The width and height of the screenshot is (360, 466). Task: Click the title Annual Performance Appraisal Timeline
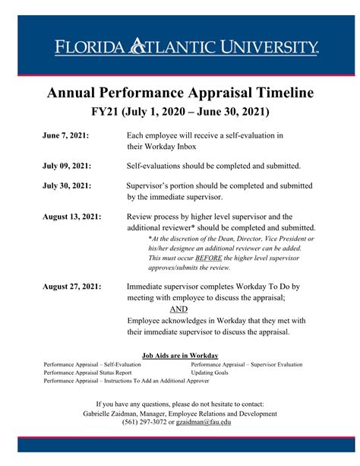(180, 93)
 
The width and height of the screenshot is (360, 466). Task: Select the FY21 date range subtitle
(180, 111)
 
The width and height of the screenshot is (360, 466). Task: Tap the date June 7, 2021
(65, 135)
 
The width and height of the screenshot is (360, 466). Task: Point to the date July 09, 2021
(67, 165)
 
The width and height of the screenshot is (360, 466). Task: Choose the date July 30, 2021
(67, 185)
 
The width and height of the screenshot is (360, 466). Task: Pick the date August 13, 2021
(71, 217)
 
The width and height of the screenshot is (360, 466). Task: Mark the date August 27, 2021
(71, 287)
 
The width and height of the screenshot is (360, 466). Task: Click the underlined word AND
(179, 309)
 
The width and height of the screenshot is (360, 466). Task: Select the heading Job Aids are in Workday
(180, 356)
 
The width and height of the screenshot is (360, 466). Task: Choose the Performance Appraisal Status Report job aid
(87, 373)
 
